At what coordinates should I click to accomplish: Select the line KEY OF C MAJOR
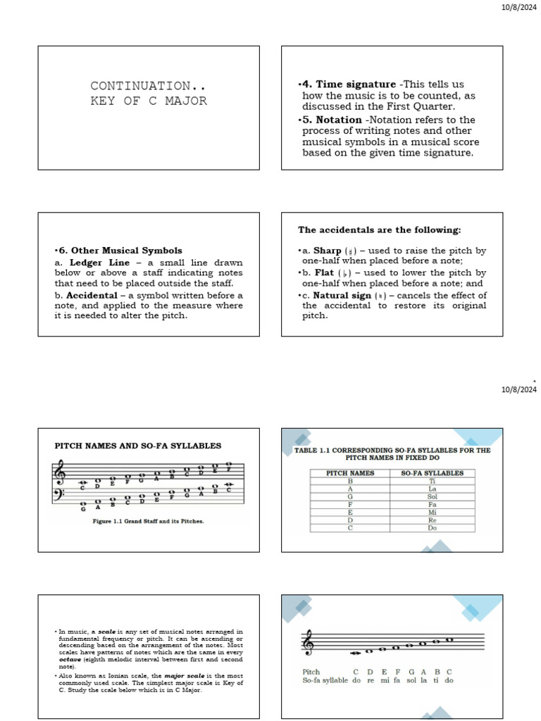149,101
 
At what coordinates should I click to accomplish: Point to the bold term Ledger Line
96,263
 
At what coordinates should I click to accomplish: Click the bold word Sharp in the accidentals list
327,251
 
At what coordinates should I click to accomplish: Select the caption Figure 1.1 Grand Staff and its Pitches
148,522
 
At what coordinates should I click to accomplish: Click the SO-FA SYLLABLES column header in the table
432,473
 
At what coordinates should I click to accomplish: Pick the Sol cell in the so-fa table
432,496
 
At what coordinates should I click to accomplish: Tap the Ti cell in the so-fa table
432,481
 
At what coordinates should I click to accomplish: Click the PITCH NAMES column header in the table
350,473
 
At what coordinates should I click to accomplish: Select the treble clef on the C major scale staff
308,643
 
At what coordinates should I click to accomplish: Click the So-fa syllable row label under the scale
326,681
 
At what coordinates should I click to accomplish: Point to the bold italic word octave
70,660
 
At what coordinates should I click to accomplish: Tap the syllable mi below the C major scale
385,681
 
